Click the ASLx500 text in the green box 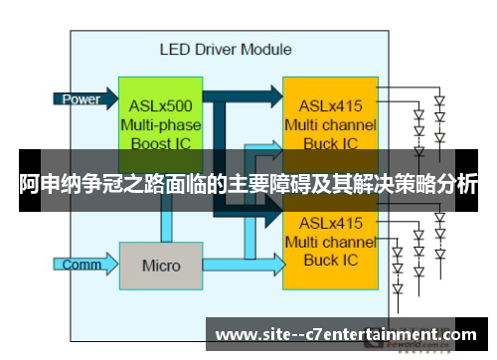[x=161, y=106]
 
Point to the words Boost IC [x=161, y=144]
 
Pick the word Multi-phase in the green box [x=161, y=125]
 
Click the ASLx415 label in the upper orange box [x=330, y=106]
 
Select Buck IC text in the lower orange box [x=330, y=260]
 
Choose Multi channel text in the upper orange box [x=330, y=125]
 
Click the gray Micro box [x=161, y=266]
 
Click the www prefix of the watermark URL [x=236, y=335]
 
